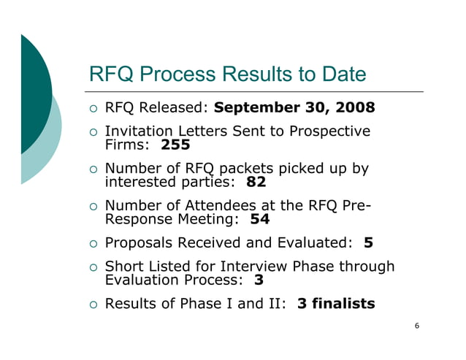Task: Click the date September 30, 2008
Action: click(294, 108)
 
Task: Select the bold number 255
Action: click(175, 145)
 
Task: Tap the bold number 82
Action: click(256, 181)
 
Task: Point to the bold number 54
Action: click(260, 218)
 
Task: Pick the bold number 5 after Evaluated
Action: click(368, 242)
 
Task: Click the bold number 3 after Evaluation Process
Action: click(259, 279)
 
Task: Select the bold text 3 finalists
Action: click(336, 303)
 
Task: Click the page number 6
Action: click(416, 326)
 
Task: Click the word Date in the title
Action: click(342, 74)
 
